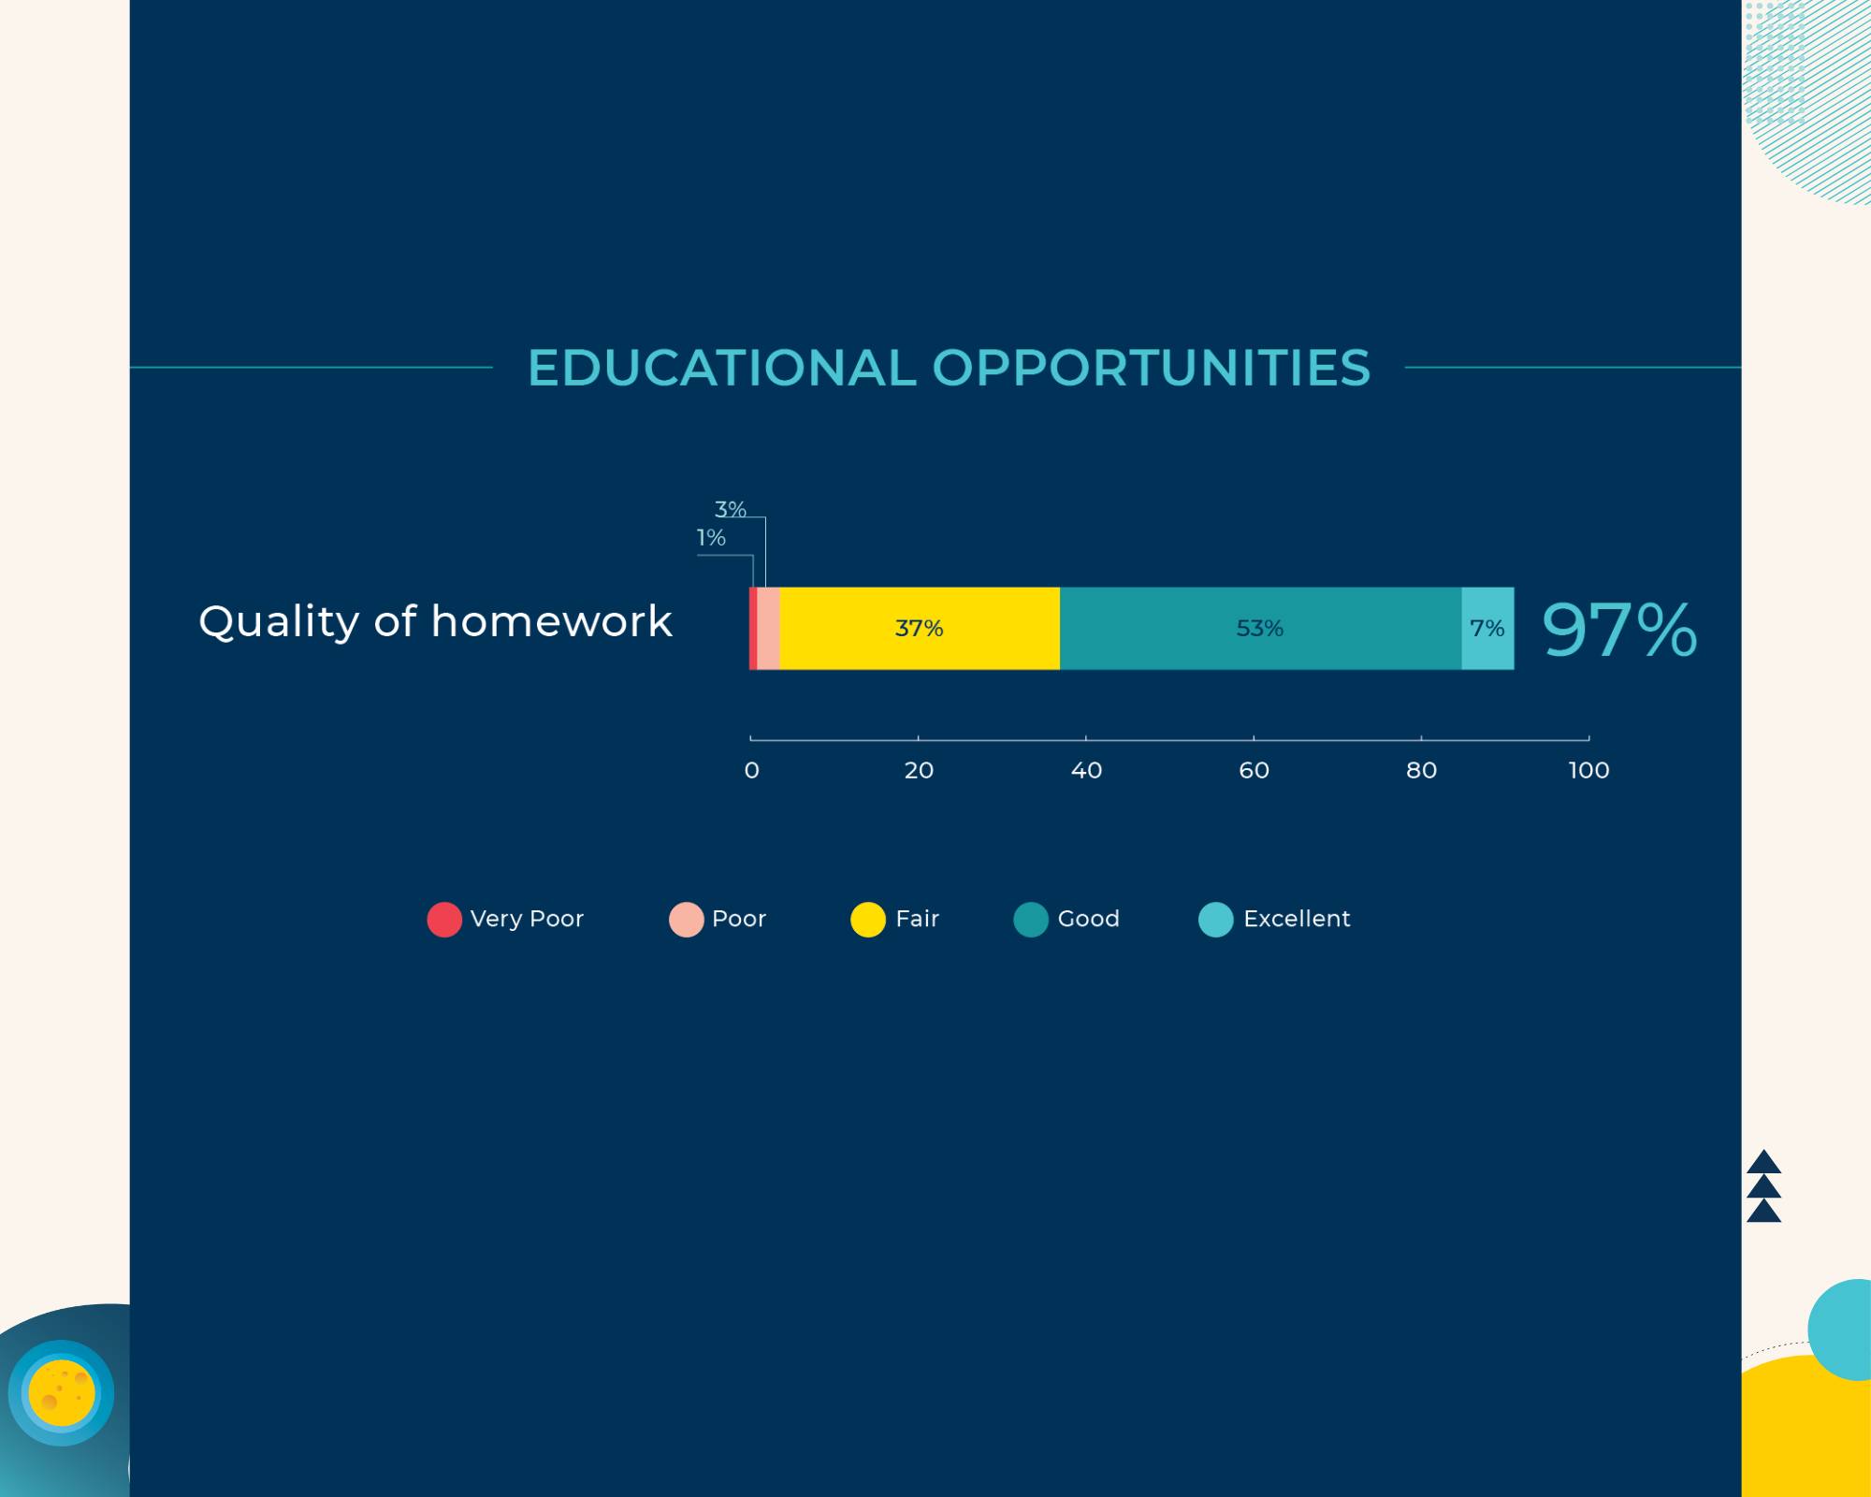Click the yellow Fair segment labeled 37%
pyautogui.click(x=920, y=628)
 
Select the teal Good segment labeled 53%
pyautogui.click(x=1260, y=628)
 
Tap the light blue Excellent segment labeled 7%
pyautogui.click(x=1487, y=628)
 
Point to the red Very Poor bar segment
pyautogui.click(x=753, y=628)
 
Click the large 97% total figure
pyautogui.click(x=1619, y=630)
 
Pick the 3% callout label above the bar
pyautogui.click(x=731, y=509)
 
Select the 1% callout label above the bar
pyautogui.click(x=711, y=537)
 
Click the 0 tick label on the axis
pyautogui.click(x=751, y=770)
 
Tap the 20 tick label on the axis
pyautogui.click(x=919, y=770)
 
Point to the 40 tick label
pyautogui.click(x=1086, y=770)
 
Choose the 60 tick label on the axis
pyautogui.click(x=1254, y=770)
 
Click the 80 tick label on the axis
pyautogui.click(x=1421, y=770)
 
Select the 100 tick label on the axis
pyautogui.click(x=1588, y=770)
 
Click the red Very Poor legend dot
pyautogui.click(x=444, y=919)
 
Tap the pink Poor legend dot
pyautogui.click(x=686, y=919)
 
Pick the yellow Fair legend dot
pyautogui.click(x=868, y=919)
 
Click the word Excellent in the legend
pyautogui.click(x=1297, y=919)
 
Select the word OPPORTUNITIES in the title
pyautogui.click(x=1152, y=367)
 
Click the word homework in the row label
pyautogui.click(x=552, y=621)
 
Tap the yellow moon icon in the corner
pyautogui.click(x=62, y=1393)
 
